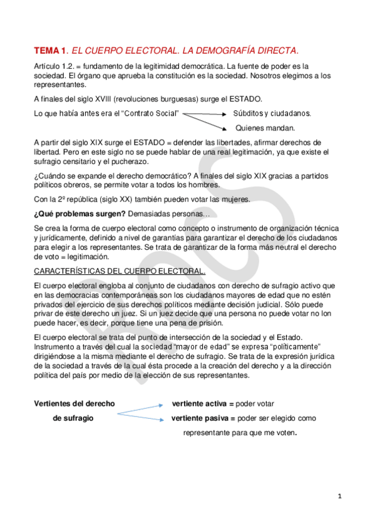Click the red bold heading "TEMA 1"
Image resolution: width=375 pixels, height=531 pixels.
(x=50, y=50)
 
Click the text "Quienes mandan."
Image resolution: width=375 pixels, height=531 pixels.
(x=265, y=128)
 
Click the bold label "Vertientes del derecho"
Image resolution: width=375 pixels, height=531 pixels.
(x=74, y=403)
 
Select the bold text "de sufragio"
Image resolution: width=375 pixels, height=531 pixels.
(x=73, y=418)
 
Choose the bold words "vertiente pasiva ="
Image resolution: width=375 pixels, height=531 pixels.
(x=203, y=418)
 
